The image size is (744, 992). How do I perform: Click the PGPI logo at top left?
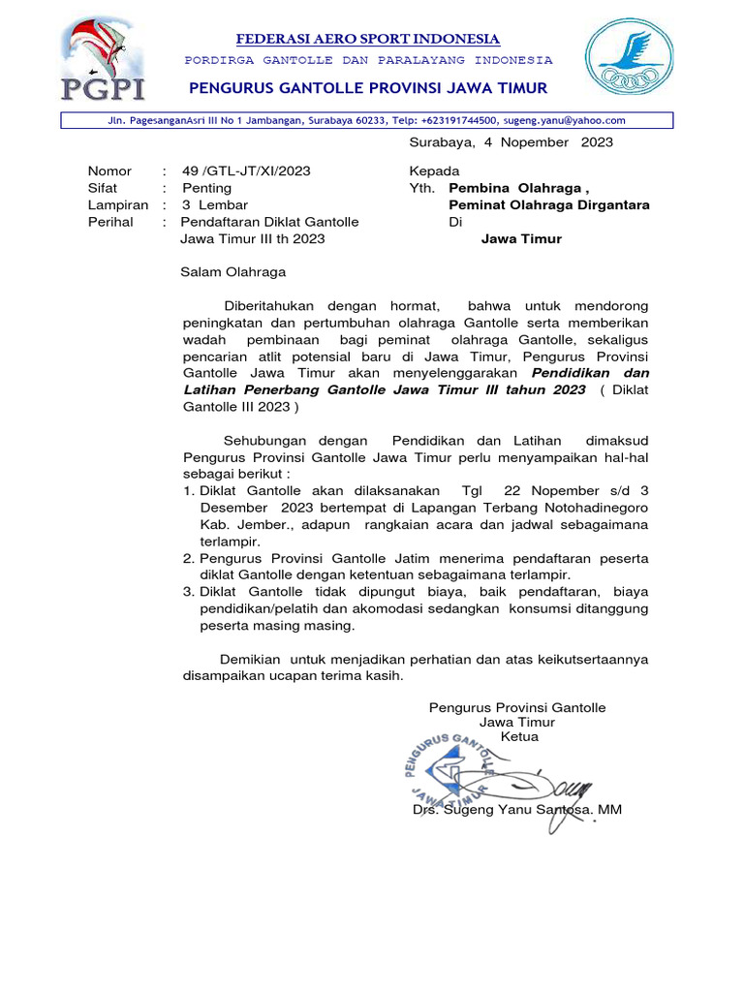click(x=102, y=60)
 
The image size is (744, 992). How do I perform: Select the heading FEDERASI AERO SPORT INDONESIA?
click(x=368, y=39)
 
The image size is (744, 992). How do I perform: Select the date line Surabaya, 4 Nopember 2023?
click(x=511, y=142)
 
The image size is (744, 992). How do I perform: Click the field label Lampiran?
click(x=118, y=205)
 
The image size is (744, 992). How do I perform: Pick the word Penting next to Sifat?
click(x=206, y=188)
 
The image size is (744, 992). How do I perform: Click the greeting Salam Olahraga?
click(x=233, y=272)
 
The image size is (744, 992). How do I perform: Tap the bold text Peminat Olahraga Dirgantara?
click(x=548, y=205)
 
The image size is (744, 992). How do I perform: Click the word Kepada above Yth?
click(x=434, y=170)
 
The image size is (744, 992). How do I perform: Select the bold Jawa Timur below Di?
click(x=521, y=239)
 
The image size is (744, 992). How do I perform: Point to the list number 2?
click(x=189, y=559)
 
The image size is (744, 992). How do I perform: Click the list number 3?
click(x=189, y=592)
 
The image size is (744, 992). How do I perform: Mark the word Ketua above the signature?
click(x=518, y=736)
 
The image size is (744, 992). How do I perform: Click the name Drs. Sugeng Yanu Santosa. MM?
click(x=517, y=809)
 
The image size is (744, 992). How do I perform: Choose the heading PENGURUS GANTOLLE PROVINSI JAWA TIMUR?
click(x=368, y=89)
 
